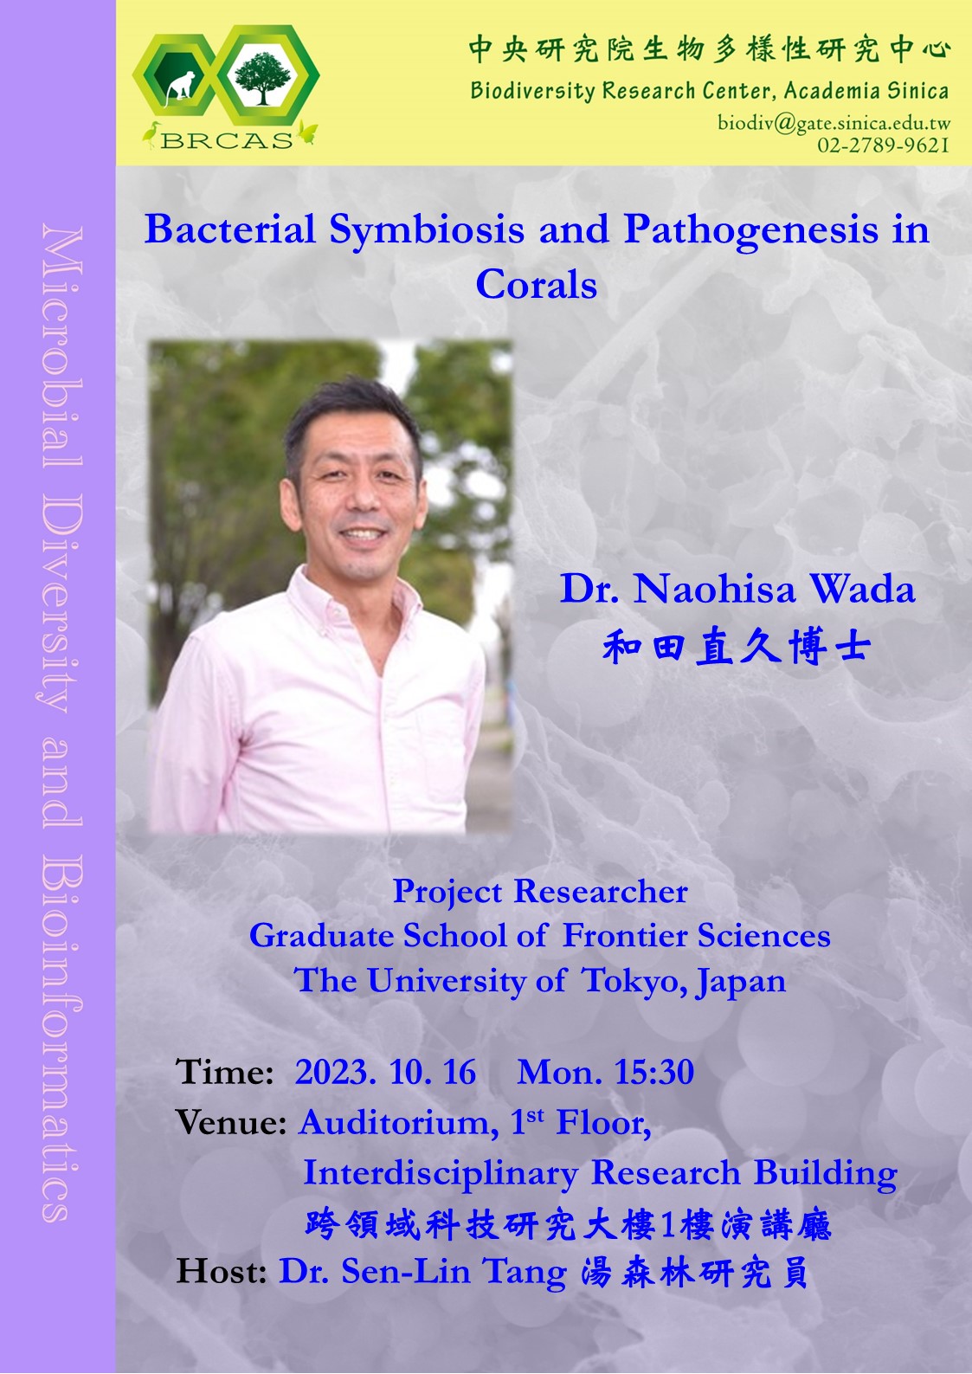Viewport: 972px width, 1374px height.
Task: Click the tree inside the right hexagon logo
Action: pos(263,78)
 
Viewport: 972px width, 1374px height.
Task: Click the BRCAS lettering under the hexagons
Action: pos(227,140)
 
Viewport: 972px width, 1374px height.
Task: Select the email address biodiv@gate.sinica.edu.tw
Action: pos(834,123)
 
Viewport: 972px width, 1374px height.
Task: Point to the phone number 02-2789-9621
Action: pos(883,145)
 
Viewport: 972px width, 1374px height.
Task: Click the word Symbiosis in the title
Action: pos(427,230)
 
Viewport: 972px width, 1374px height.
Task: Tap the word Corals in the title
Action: pos(537,285)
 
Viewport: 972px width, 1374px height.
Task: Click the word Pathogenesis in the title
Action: pos(750,230)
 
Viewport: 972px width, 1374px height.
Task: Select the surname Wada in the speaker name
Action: pos(863,589)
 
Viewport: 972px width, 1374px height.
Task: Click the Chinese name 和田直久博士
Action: pos(737,647)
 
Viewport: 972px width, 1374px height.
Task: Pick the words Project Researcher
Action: pos(539,891)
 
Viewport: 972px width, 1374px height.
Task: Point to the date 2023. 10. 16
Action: pos(385,1072)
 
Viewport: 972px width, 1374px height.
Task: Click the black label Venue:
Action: pos(231,1123)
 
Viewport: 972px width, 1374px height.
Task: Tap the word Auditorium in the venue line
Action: pos(399,1123)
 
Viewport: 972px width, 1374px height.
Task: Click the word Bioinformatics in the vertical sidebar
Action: pos(62,1040)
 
